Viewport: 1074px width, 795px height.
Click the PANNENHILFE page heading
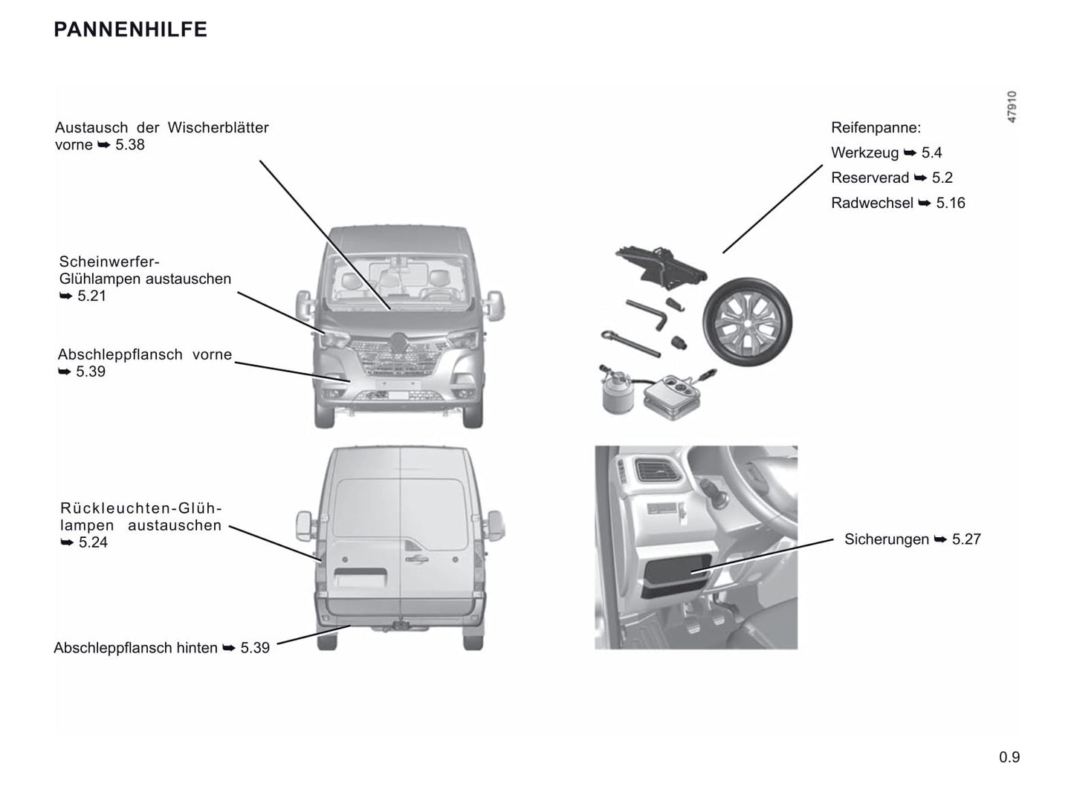[x=130, y=30]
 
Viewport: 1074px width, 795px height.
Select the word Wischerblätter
[x=218, y=127]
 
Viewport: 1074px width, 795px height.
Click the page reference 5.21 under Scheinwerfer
[x=91, y=296]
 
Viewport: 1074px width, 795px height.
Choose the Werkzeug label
[x=864, y=153]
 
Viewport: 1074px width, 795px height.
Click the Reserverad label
[x=870, y=178]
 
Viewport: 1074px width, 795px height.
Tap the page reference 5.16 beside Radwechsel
[x=950, y=203]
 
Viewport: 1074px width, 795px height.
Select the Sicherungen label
[x=886, y=539]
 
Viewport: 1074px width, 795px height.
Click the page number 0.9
[x=1009, y=757]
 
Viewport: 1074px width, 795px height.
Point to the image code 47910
[x=1012, y=107]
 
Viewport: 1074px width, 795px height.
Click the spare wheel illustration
[x=747, y=322]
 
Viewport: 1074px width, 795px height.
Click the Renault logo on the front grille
[x=399, y=342]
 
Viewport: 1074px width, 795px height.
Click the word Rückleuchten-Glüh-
[x=141, y=508]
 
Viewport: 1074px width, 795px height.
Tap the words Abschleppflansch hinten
[x=135, y=648]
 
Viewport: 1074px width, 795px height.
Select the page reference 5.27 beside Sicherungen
[x=965, y=539]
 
